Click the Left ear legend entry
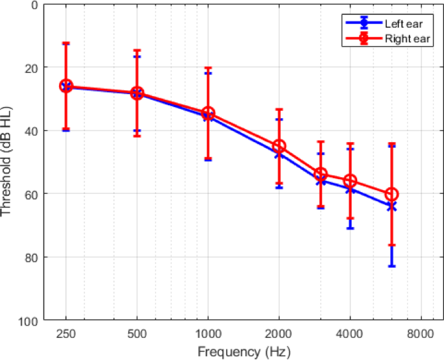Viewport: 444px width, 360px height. point(395,23)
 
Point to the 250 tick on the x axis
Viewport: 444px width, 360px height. point(65,334)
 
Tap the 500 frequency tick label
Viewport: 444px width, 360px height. point(137,334)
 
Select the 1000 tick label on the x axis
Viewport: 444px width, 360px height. point(207,334)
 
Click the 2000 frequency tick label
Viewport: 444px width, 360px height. point(279,334)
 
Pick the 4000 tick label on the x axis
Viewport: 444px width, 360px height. point(350,334)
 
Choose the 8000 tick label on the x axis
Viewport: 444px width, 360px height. point(421,334)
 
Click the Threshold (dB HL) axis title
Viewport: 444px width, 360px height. point(7,163)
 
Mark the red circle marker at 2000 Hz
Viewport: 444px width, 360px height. point(279,147)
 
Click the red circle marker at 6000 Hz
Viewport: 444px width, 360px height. point(391,194)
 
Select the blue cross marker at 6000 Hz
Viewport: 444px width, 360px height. point(391,206)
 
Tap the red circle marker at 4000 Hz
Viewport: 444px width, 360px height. point(350,181)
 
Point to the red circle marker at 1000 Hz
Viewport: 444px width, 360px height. point(207,114)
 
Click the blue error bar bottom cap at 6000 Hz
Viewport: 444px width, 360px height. point(391,266)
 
